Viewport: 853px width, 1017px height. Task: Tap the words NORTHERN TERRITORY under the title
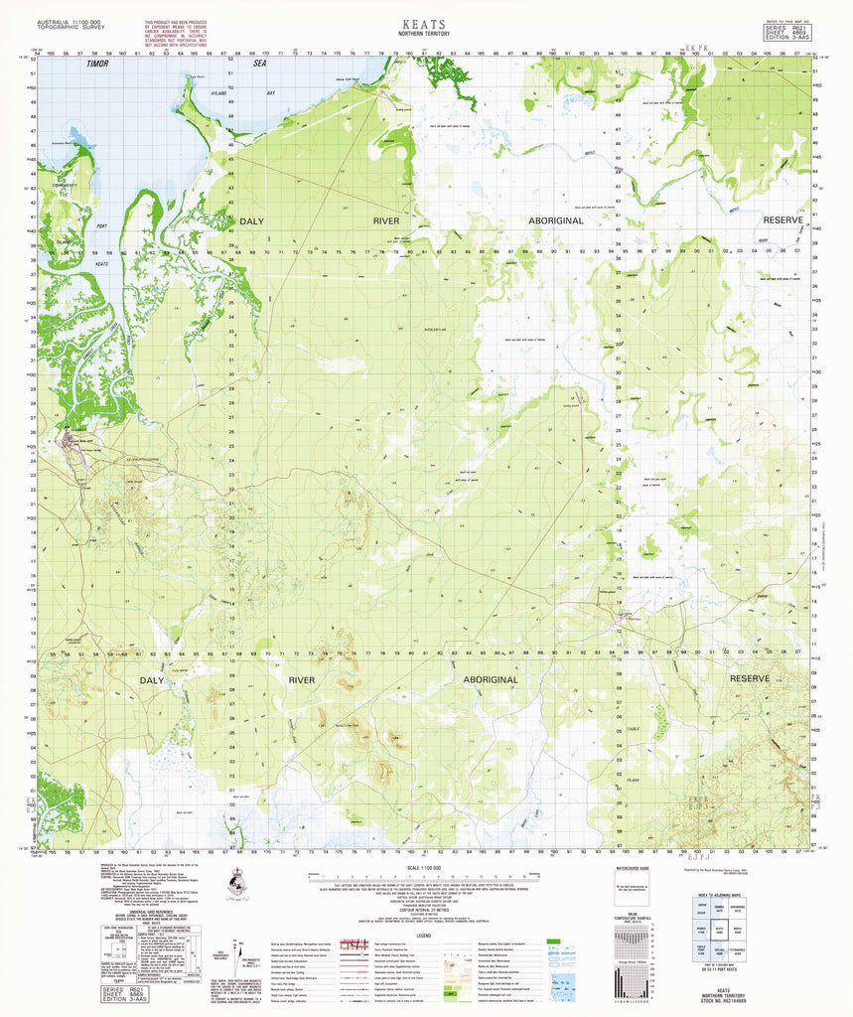click(x=425, y=33)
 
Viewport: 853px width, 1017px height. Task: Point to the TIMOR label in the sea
click(x=96, y=63)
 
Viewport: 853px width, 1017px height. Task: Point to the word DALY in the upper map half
click(x=251, y=220)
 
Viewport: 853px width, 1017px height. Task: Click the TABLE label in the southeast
click(x=687, y=729)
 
